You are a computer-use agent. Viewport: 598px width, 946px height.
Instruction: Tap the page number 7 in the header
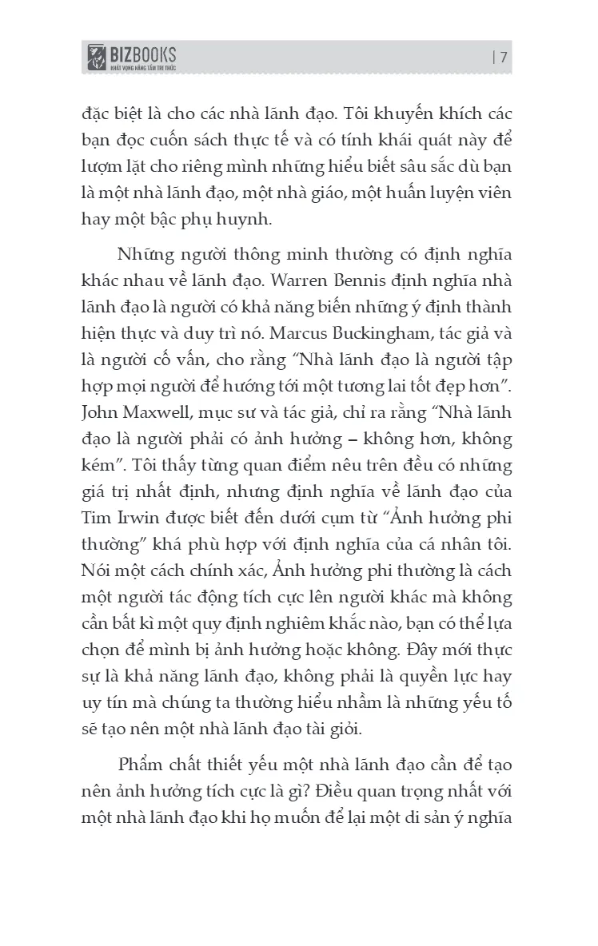(504, 57)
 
